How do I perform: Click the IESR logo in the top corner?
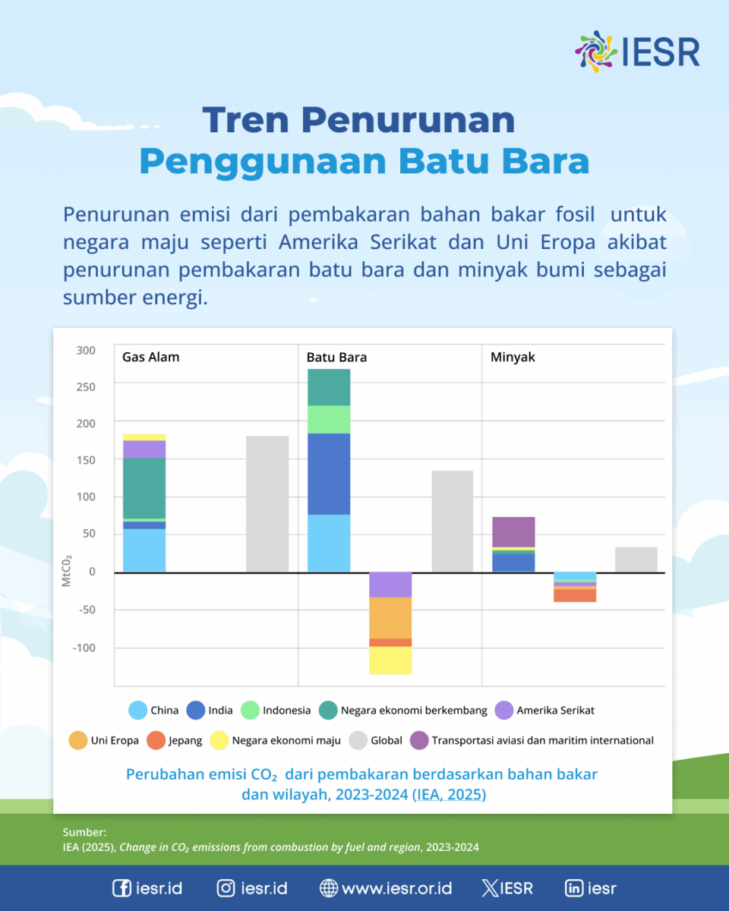[637, 52]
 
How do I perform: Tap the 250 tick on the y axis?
[86, 387]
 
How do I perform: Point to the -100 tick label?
[84, 648]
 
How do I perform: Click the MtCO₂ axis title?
[67, 571]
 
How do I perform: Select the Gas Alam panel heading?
[151, 358]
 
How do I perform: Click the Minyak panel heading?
[513, 358]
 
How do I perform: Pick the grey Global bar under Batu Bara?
[453, 522]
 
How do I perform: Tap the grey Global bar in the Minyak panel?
[636, 560]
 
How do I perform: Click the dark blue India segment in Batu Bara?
[329, 474]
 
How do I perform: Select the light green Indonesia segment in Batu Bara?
[329, 420]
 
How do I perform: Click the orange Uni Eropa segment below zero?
[390, 618]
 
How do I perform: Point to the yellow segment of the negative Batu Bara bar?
[390, 660]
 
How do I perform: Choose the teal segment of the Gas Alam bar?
[144, 488]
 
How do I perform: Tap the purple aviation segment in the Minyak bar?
[513, 532]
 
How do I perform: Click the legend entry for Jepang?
[175, 740]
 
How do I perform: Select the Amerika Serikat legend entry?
[544, 711]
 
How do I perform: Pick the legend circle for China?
[137, 711]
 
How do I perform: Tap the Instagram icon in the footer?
[226, 888]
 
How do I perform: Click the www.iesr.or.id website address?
[396, 888]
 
